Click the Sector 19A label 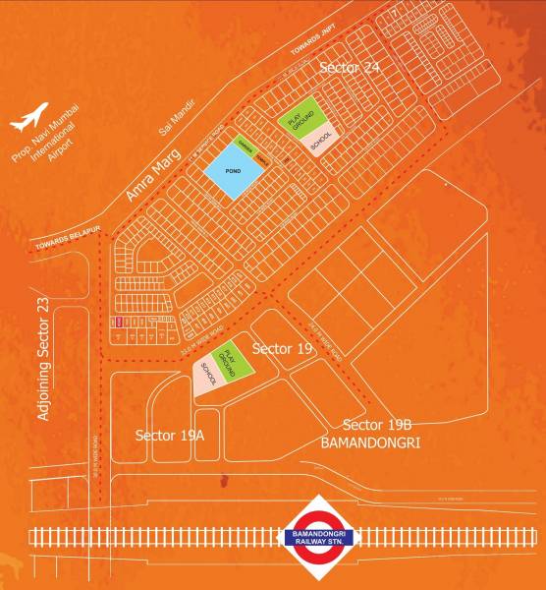[x=169, y=434]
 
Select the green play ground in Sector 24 [x=304, y=119]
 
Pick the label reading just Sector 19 [x=283, y=349]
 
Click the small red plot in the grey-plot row [x=119, y=322]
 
